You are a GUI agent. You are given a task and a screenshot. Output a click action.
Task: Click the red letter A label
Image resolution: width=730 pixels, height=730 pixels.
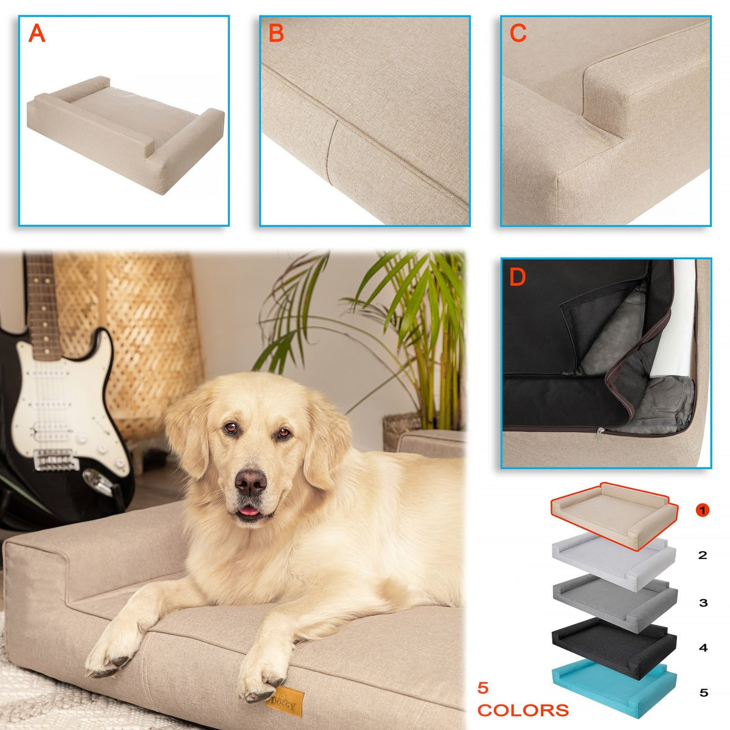pos(36,33)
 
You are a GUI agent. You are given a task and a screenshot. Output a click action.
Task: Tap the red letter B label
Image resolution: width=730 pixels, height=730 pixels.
pos(276,33)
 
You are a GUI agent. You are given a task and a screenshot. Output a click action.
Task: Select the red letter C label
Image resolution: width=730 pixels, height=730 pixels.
pos(518,33)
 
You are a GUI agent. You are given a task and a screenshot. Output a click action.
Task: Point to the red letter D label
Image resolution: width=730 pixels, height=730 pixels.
pos(518,277)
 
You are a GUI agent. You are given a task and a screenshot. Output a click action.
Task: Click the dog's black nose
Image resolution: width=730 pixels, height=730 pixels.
pos(251,482)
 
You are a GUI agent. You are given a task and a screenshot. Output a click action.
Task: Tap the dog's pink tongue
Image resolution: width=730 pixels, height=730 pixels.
pos(249,511)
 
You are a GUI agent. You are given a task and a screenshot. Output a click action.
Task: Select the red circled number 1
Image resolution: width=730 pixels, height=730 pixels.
pos(703,510)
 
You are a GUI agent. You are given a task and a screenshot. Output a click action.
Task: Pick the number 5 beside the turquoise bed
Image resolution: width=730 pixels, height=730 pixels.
pos(703,693)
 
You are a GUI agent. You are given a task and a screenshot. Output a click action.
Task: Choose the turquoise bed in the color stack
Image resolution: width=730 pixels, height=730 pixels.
pos(614,689)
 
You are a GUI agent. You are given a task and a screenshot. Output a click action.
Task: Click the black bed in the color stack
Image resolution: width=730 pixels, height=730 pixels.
pos(614,642)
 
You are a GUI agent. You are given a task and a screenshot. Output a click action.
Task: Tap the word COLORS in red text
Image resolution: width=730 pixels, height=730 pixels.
pos(523,711)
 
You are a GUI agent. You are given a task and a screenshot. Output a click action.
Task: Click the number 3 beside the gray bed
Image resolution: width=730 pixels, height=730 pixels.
pos(703,603)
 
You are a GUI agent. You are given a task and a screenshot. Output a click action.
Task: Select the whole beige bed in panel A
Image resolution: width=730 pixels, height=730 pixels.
pos(126,135)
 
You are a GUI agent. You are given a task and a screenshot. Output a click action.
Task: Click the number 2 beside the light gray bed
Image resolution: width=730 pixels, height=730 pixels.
pos(703,555)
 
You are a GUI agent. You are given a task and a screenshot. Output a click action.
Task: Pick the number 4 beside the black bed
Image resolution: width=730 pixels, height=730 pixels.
pos(703,648)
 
